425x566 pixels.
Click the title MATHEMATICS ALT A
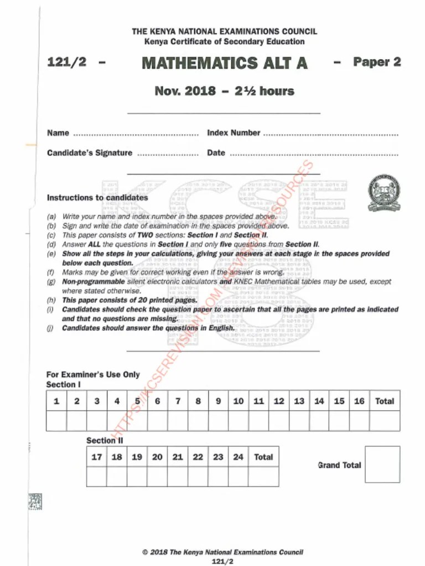(x=225, y=63)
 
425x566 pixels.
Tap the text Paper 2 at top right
(x=377, y=62)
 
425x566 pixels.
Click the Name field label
(x=58, y=133)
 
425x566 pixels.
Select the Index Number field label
(x=234, y=133)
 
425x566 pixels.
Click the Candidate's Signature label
(x=90, y=153)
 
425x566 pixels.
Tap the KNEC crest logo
(x=384, y=193)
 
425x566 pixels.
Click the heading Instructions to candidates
(x=97, y=197)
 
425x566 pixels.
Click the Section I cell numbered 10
(x=239, y=401)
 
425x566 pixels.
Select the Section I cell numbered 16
(x=359, y=401)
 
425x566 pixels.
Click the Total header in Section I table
(x=385, y=401)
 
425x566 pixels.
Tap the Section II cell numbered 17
(x=96, y=457)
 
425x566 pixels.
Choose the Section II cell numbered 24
(x=238, y=457)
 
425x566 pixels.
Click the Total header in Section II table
(x=263, y=457)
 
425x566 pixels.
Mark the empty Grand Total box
(x=382, y=464)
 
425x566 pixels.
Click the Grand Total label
(x=339, y=465)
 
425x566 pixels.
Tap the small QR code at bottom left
(x=35, y=501)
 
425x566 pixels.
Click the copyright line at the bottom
(x=223, y=552)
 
